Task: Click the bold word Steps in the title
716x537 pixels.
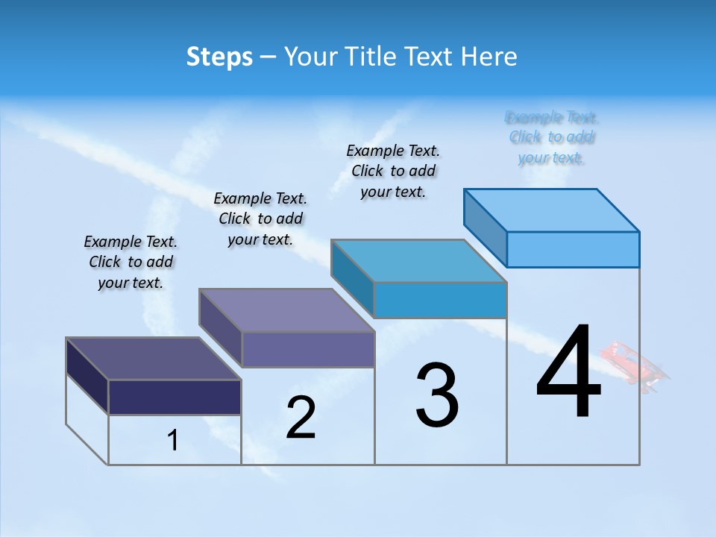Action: pyautogui.click(x=219, y=57)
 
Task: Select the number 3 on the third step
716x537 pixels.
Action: pyautogui.click(x=437, y=395)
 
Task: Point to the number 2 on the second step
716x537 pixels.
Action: pyautogui.click(x=301, y=418)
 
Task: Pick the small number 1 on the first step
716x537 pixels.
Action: pyautogui.click(x=173, y=440)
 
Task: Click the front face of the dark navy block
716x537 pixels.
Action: pyautogui.click(x=175, y=397)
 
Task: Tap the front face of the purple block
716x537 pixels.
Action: pyautogui.click(x=308, y=349)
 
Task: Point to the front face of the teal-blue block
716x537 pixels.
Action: pyautogui.click(x=440, y=300)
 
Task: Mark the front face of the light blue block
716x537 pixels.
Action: pyautogui.click(x=573, y=249)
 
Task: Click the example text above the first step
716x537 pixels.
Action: pyautogui.click(x=131, y=263)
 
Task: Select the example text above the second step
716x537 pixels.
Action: pyautogui.click(x=260, y=219)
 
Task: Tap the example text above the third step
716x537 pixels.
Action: pyautogui.click(x=393, y=171)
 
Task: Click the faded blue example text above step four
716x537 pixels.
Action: pyautogui.click(x=552, y=137)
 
